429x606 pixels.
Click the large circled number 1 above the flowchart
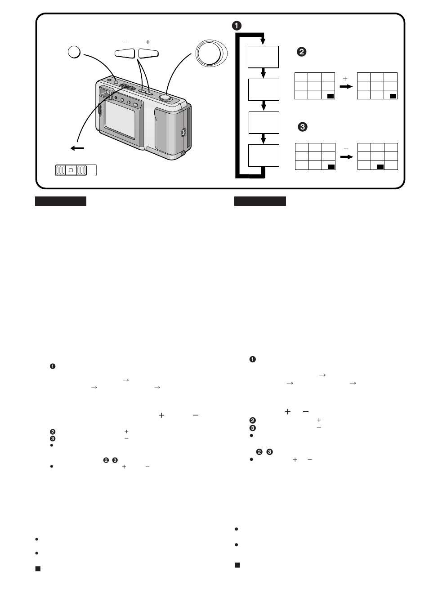[x=237, y=26]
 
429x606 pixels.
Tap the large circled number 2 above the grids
[x=302, y=52]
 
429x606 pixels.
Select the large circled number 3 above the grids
[x=302, y=127]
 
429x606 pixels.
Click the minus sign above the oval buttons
[x=125, y=42]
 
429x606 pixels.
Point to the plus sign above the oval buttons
[x=148, y=42]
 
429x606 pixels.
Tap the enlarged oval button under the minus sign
[x=125, y=53]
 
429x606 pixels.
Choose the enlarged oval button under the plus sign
[x=148, y=53]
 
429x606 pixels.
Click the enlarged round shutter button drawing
[x=211, y=53]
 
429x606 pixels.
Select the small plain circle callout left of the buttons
[x=74, y=52]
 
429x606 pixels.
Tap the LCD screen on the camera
[x=120, y=119]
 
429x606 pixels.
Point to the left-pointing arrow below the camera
[x=77, y=148]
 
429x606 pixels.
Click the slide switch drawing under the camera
[x=76, y=170]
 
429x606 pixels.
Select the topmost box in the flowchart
[x=263, y=57]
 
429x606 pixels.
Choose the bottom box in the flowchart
[x=264, y=156]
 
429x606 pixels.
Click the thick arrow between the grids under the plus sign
[x=346, y=87]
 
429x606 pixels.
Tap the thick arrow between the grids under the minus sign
[x=347, y=157]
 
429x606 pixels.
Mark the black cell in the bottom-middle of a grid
[x=380, y=167]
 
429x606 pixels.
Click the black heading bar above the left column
[x=61, y=201]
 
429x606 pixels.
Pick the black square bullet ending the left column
[x=38, y=569]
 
